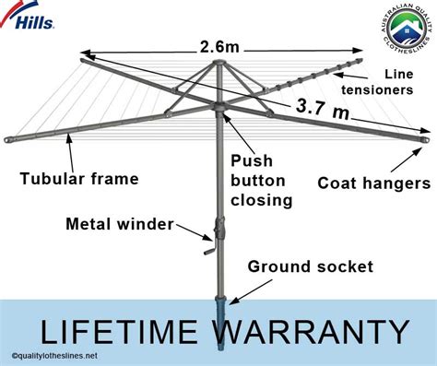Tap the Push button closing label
click(257, 180)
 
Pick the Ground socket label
click(311, 267)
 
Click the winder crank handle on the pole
click(211, 242)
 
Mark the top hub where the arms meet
click(219, 67)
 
